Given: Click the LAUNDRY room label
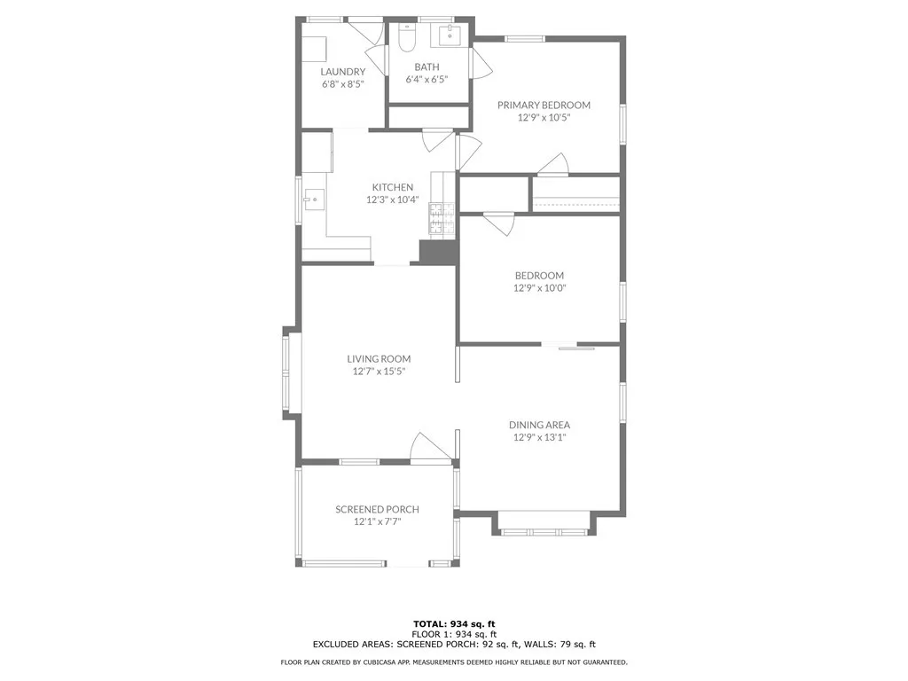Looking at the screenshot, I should (x=342, y=72).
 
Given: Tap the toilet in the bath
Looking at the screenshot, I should (x=407, y=38).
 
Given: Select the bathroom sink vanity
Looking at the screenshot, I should (x=449, y=35).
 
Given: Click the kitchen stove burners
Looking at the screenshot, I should (x=441, y=220).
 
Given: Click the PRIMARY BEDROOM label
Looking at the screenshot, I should (x=543, y=105).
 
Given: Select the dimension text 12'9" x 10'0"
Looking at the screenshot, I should (x=539, y=288).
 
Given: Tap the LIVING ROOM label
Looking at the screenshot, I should (x=379, y=359).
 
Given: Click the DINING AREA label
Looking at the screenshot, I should (x=539, y=425).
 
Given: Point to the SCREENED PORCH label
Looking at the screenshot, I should (x=377, y=509).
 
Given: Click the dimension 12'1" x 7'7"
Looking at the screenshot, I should (x=377, y=521).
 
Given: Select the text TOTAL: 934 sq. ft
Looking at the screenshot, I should (x=453, y=623).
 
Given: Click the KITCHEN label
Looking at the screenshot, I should (x=392, y=187).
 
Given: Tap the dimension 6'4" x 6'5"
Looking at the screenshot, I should (x=427, y=79).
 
